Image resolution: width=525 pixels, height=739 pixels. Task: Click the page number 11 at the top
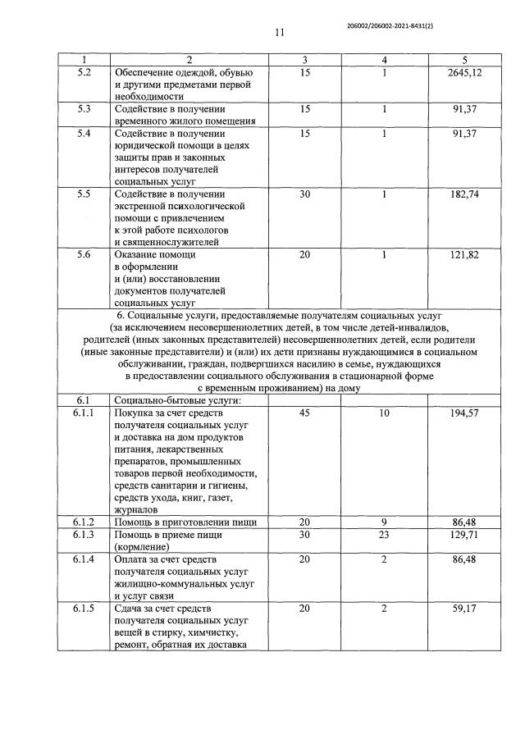[x=279, y=34]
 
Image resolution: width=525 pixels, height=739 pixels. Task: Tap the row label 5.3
[x=83, y=108]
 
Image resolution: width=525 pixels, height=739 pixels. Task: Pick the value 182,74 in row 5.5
[x=463, y=194]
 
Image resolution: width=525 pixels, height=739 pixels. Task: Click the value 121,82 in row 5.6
[x=463, y=255]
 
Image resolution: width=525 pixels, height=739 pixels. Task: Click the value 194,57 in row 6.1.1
[x=463, y=414]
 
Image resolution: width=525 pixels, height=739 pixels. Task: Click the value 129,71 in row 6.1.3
[x=463, y=534]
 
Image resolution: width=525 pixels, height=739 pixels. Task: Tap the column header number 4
[x=385, y=60]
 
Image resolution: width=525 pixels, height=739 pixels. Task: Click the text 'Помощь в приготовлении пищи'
[x=185, y=522]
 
